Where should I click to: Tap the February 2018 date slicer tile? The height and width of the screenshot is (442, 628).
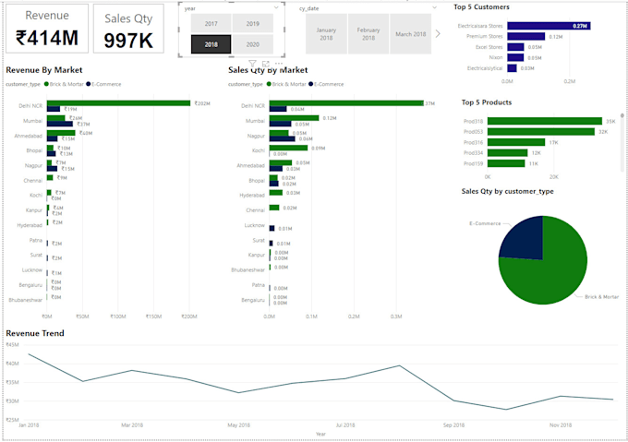(368, 34)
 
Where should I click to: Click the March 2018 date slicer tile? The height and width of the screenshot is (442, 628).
(411, 34)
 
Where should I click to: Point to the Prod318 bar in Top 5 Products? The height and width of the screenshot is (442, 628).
(545, 121)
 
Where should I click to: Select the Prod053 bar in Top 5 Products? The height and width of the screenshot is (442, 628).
(541, 132)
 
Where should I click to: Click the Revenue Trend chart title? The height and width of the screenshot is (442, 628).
(35, 332)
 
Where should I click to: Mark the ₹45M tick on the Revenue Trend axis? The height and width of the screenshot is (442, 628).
(12, 344)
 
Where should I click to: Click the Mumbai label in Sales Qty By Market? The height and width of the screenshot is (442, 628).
(254, 121)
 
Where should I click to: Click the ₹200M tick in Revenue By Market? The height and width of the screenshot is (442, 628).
(188, 317)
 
